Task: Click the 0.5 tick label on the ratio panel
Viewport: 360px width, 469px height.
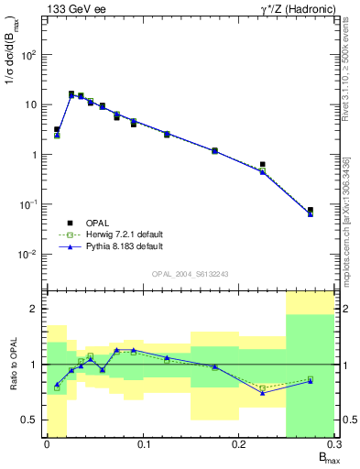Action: click(x=30, y=420)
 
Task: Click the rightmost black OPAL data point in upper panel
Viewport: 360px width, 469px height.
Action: click(x=311, y=210)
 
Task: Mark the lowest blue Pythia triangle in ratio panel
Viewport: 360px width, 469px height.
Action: click(x=263, y=392)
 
